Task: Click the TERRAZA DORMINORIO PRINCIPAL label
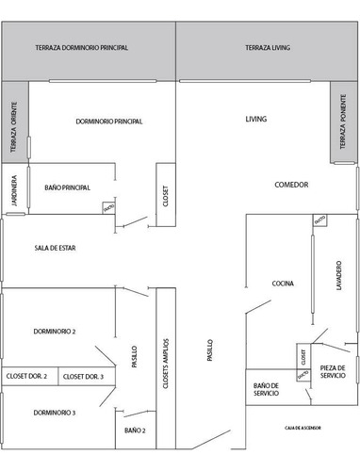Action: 81,47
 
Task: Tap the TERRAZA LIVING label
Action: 268,47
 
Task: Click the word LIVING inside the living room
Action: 256,120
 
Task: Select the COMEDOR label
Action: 292,184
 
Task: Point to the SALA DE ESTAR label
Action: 54,249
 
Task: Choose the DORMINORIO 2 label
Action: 54,332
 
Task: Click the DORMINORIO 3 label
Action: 54,413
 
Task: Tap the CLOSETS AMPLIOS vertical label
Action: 165,361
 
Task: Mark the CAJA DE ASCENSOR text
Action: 304,427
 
